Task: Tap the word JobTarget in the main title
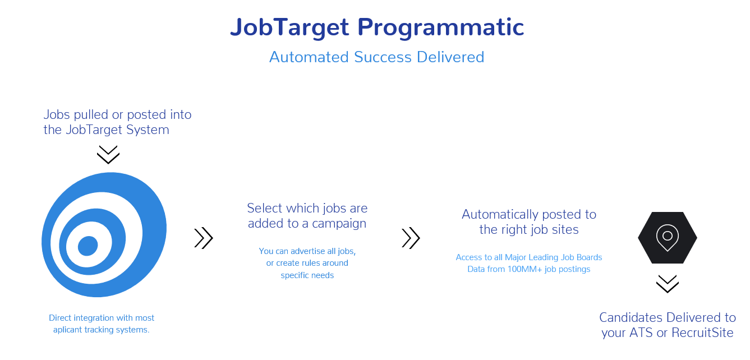290,27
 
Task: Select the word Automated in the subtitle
309,57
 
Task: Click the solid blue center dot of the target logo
88,246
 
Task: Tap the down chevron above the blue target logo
108,154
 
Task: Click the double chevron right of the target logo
204,238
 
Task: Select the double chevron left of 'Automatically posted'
411,238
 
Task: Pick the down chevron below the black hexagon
668,284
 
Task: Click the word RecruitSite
702,333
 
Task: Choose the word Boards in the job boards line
589,257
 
